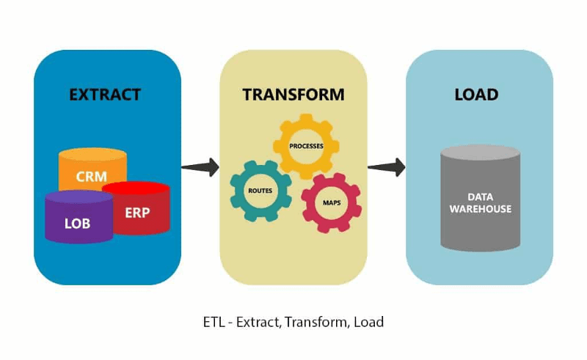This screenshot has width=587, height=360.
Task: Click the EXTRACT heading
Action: pyautogui.click(x=105, y=95)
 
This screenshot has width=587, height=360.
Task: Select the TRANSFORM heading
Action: pyautogui.click(x=293, y=95)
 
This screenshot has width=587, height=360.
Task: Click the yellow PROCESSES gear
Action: pyautogui.click(x=306, y=146)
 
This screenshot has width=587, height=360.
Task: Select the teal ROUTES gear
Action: pyautogui.click(x=260, y=191)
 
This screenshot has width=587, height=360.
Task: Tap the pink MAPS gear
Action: pyautogui.click(x=331, y=202)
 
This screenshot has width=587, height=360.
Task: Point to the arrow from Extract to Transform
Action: pyautogui.click(x=200, y=166)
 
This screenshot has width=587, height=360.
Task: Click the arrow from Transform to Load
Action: pyautogui.click(x=386, y=166)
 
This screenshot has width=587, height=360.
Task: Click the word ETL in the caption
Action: pyautogui.click(x=213, y=322)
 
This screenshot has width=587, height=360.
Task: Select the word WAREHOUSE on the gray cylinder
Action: pyautogui.click(x=481, y=209)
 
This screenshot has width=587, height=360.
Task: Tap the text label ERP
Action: pyautogui.click(x=137, y=213)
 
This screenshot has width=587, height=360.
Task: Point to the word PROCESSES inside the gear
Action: pyautogui.click(x=306, y=146)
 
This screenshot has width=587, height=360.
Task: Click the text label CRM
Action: pyautogui.click(x=92, y=177)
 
